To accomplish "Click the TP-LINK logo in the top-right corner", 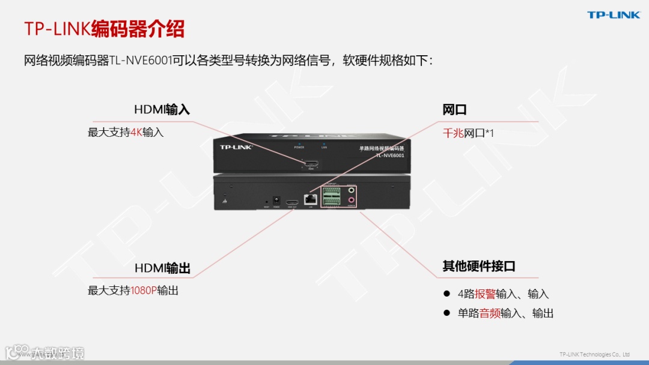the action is [614, 15].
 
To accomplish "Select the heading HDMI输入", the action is [162, 110].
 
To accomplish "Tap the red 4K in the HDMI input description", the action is [136, 132].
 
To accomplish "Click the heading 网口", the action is [454, 110].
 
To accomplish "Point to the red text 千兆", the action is [453, 133].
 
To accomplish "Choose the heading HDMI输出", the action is [162, 268].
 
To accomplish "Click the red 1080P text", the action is [144, 291].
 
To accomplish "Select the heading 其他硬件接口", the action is [479, 267].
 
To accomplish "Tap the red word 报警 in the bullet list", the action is [486, 294].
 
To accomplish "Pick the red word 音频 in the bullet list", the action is [490, 313].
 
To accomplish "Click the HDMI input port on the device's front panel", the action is [311, 164].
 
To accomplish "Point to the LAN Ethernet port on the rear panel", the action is [311, 200].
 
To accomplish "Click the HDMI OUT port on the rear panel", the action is [293, 202].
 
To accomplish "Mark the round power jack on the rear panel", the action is [276, 201].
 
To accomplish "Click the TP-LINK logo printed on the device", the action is [236, 146].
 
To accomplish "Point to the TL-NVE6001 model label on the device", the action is [390, 155].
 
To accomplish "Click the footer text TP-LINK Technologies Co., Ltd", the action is [594, 354].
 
